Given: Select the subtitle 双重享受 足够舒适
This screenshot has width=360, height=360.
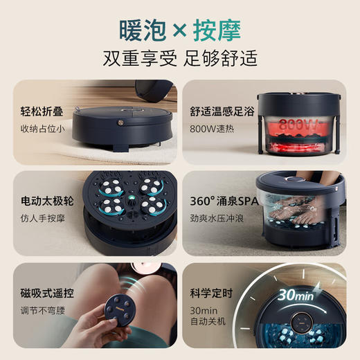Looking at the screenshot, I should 180,57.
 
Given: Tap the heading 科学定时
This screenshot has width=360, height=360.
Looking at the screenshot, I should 211,294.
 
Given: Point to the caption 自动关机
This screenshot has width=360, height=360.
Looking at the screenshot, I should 206,321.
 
